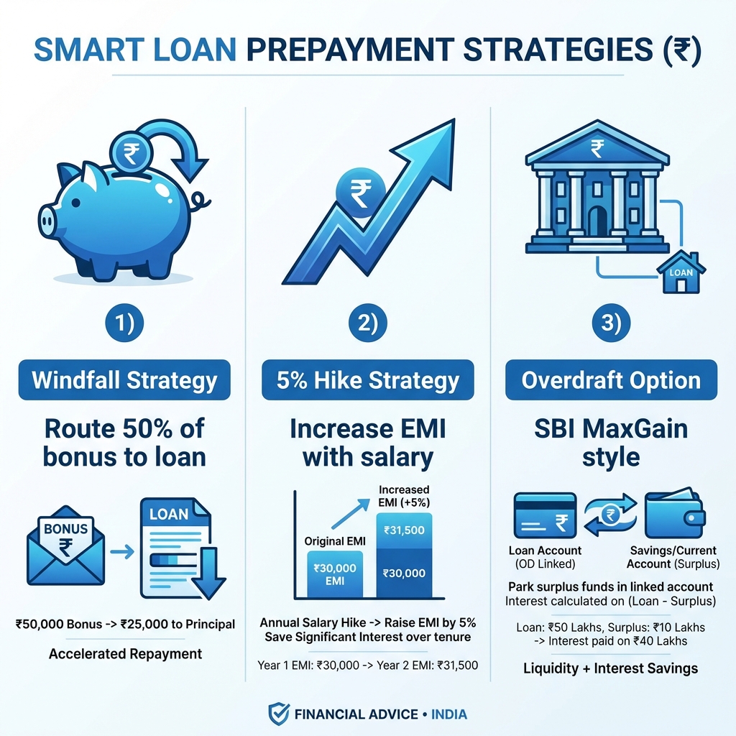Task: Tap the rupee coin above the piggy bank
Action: tap(132, 152)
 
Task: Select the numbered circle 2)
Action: tap(367, 323)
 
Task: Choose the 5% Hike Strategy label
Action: tap(367, 379)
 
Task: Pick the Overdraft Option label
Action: tap(611, 379)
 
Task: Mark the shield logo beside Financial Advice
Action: tap(278, 714)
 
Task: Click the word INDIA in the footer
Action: tap(449, 714)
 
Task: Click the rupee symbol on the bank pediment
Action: tap(597, 149)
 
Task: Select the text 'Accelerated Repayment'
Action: tap(125, 654)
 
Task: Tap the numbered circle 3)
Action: tap(611, 323)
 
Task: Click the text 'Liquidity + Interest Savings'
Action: tap(610, 668)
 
